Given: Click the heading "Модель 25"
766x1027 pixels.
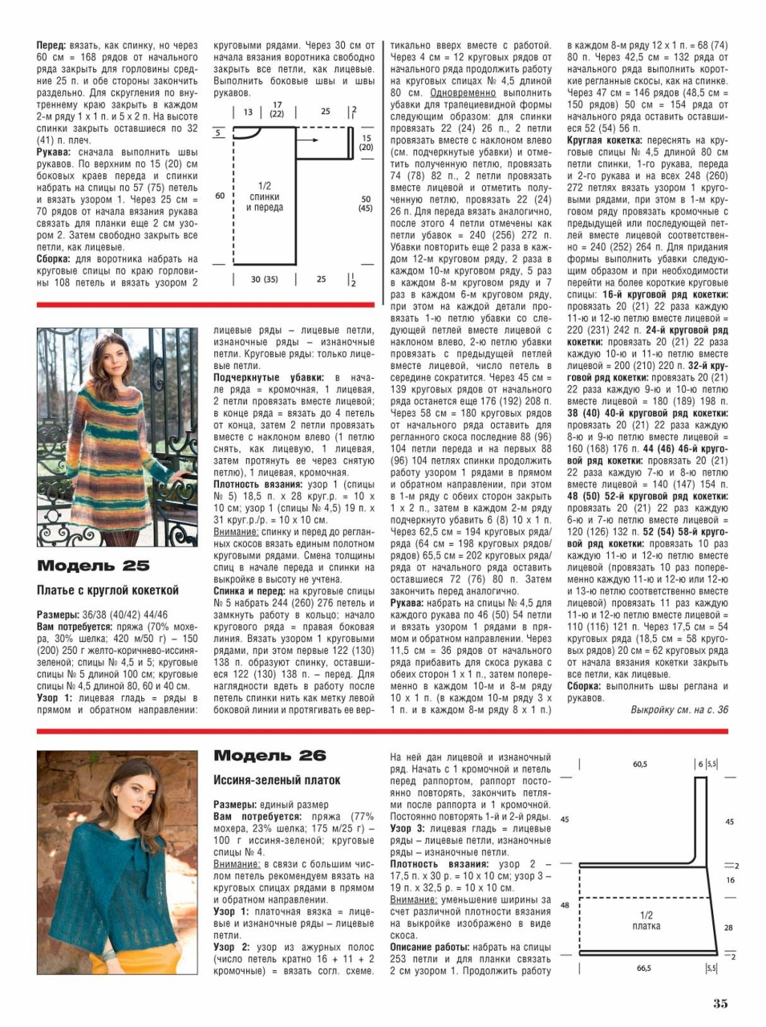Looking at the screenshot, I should [x=93, y=566].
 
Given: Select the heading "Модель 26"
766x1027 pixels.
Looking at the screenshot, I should [x=270, y=756].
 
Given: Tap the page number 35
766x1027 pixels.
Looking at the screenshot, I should [x=719, y=1003].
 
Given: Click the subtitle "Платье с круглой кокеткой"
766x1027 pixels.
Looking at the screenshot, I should [x=107, y=591].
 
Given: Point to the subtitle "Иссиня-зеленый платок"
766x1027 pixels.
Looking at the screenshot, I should [x=277, y=780].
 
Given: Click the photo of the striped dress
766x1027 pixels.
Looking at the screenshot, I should [x=117, y=436].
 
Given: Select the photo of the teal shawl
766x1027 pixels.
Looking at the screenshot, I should [x=117, y=862].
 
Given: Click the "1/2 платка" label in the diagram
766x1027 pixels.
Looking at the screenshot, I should [x=646, y=920].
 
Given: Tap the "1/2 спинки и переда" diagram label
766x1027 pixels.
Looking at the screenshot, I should [x=264, y=197].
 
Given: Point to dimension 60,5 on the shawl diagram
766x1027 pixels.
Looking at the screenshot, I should [x=639, y=765].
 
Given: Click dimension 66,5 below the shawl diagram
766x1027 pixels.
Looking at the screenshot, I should [x=643, y=968].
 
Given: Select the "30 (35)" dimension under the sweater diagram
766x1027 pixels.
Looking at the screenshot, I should [x=264, y=279].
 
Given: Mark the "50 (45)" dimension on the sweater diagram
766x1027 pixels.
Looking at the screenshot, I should [x=365, y=204].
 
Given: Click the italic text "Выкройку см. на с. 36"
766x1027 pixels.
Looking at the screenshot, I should [x=679, y=710].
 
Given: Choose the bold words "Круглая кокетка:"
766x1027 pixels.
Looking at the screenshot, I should [x=604, y=140].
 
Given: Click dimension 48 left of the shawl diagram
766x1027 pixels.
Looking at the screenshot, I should [x=565, y=904].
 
